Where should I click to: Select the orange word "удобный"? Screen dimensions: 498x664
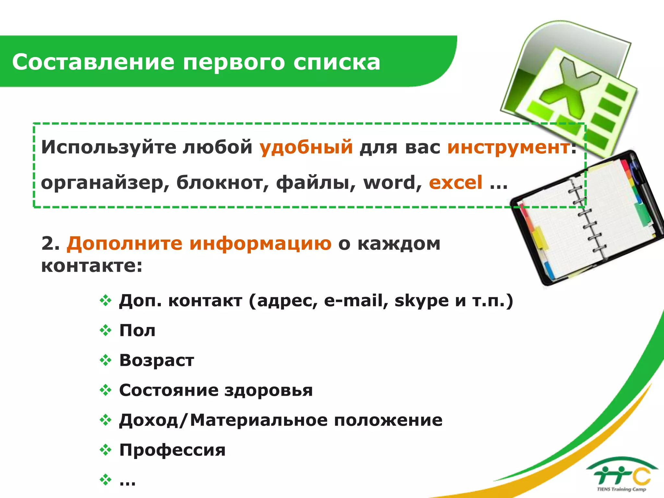[x=306, y=147]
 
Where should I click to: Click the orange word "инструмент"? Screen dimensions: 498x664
[x=508, y=147]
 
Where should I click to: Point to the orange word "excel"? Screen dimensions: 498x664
[x=456, y=183]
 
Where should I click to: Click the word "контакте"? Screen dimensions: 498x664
[x=91, y=266]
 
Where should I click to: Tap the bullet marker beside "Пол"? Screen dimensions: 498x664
[x=105, y=330]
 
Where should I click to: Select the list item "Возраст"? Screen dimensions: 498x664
[x=157, y=360]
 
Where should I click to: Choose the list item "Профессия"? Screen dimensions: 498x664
[x=172, y=450]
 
